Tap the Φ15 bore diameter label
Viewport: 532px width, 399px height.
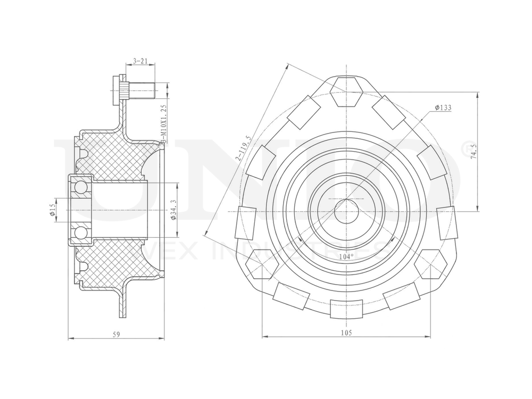tap(53, 210)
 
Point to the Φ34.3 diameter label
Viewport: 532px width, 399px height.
tap(173, 210)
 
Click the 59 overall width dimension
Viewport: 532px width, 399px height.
tap(117, 334)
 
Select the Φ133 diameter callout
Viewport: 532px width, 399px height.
tap(443, 107)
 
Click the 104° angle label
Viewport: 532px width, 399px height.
tap(346, 256)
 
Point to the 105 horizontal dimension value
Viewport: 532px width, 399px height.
tap(346, 332)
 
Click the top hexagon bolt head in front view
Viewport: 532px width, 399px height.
tap(346, 92)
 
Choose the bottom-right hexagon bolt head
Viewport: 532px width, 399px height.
tap(430, 264)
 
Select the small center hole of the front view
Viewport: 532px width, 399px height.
tap(346, 211)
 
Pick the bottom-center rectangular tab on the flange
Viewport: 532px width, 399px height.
tap(346, 309)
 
